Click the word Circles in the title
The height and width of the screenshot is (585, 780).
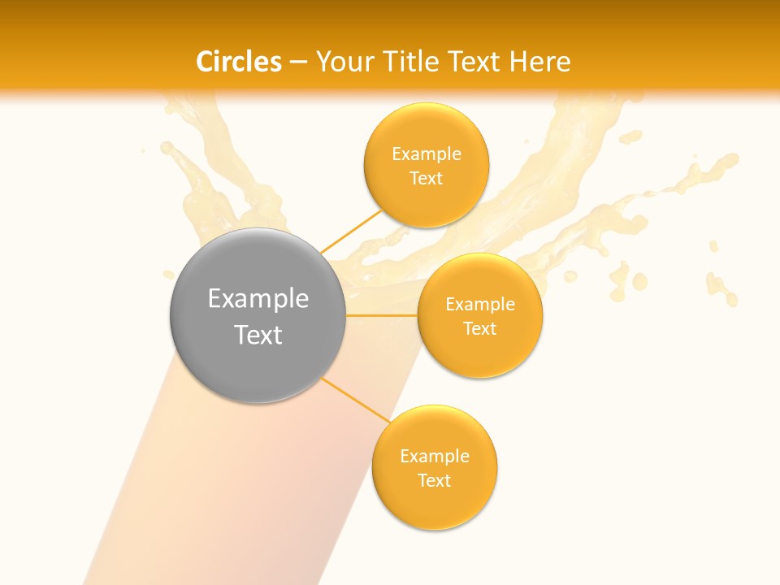[x=239, y=62]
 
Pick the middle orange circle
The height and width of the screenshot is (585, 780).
[x=480, y=353]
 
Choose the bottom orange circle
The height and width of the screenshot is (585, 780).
[x=435, y=504]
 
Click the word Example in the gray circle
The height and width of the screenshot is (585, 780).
[x=258, y=299]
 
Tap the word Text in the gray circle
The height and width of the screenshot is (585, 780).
[x=258, y=335]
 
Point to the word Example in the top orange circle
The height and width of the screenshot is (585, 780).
[x=427, y=154]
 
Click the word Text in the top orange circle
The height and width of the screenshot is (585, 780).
[x=427, y=179]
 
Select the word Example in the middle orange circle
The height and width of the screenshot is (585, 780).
[x=480, y=305]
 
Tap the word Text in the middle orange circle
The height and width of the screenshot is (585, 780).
[x=480, y=329]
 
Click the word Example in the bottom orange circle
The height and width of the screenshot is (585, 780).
[x=435, y=457]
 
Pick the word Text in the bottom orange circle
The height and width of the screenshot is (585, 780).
[x=435, y=481]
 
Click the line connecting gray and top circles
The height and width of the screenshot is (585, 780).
[x=350, y=230]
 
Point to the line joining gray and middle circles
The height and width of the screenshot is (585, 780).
[x=381, y=315]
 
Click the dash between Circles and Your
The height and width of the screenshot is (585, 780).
[x=298, y=63]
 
